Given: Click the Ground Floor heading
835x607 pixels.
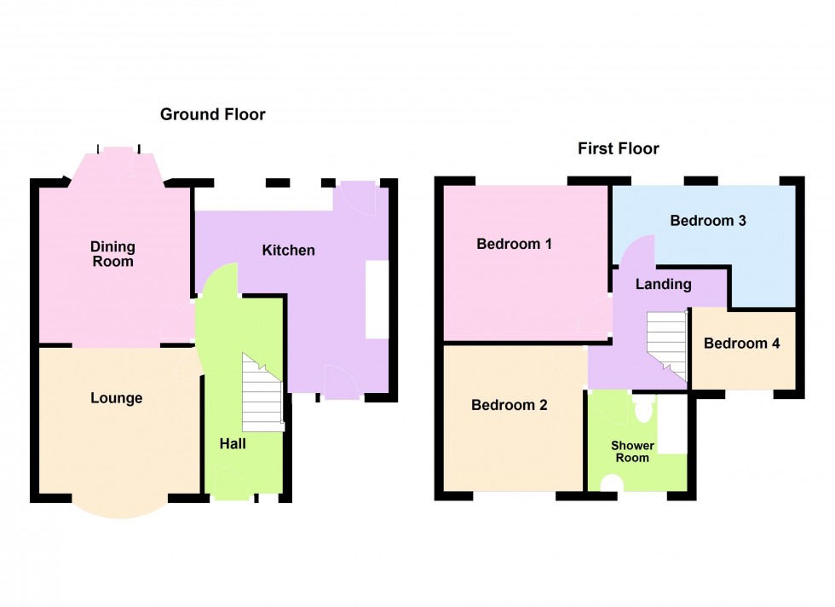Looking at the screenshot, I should tap(212, 114).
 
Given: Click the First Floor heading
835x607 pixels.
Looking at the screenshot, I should tap(619, 149).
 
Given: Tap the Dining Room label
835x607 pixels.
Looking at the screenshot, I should tap(113, 254).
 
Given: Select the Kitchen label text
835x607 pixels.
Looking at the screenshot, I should tap(288, 250).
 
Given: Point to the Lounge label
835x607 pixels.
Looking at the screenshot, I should tap(117, 398).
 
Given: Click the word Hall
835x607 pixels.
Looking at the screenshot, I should tap(233, 443).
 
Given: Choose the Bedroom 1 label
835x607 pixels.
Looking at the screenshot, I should tap(514, 245).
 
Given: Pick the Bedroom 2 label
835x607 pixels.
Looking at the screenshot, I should tap(510, 405).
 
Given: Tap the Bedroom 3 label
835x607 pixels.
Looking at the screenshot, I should tap(708, 221).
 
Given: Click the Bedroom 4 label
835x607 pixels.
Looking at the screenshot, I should tap(741, 344).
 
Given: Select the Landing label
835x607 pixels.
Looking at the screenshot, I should tap(663, 284).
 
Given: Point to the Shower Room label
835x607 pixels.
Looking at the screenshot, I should tap(632, 452).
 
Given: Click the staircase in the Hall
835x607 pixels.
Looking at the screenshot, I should tap(262, 393).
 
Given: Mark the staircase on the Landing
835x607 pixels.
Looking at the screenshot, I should tap(667, 344).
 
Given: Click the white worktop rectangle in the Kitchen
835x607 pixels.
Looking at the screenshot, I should tap(376, 299).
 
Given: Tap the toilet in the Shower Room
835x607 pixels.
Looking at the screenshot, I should tap(643, 412).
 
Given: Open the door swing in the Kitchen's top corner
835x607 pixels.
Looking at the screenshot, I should tap(354, 198).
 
